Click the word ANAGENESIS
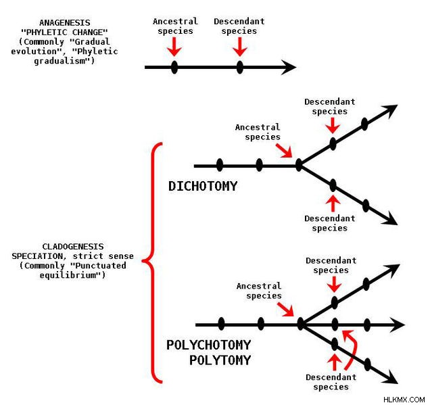click(x=65, y=22)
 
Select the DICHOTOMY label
click(x=203, y=186)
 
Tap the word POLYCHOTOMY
click(x=208, y=345)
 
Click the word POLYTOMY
click(x=220, y=360)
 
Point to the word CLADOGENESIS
click(x=73, y=246)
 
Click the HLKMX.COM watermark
click(x=404, y=400)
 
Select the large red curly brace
click(x=153, y=262)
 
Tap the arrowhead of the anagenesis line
click(x=289, y=67)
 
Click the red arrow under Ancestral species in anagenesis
click(x=174, y=47)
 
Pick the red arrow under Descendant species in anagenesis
click(x=240, y=47)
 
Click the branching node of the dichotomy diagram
click(x=299, y=165)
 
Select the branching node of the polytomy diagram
click(x=301, y=324)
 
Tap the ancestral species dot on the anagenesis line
click(x=174, y=67)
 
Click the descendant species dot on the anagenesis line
click(x=240, y=67)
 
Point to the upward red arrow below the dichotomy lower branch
click(x=333, y=204)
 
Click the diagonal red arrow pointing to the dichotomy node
click(x=284, y=151)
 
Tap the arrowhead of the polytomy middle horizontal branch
click(x=398, y=325)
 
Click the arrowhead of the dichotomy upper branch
click(x=391, y=110)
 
